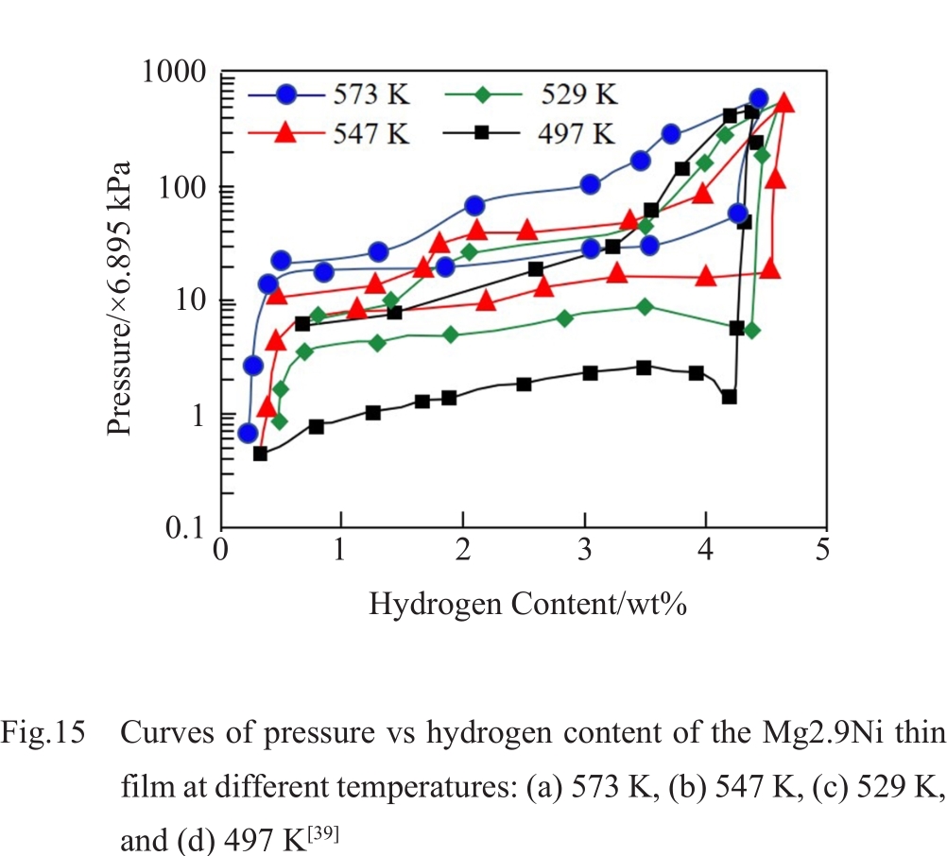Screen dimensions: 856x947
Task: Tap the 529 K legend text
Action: point(579,95)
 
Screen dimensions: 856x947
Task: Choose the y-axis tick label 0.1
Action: point(187,527)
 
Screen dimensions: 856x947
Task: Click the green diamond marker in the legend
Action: point(482,94)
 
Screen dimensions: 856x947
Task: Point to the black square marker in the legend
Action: point(482,132)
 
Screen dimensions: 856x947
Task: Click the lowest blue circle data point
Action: point(248,433)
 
